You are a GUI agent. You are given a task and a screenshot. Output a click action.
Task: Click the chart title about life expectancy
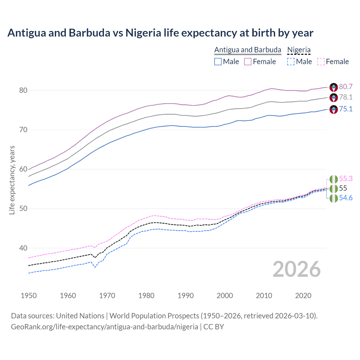coord(160,33)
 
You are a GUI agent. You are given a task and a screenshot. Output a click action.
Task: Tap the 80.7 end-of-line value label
coord(346,87)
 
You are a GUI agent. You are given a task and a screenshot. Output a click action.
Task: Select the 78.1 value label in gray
coord(346,97)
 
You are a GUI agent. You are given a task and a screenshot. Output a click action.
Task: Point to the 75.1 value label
coord(346,109)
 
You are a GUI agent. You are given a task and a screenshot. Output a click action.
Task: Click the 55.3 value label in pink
coord(346,179)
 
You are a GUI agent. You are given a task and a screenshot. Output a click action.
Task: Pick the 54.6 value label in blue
coord(346,198)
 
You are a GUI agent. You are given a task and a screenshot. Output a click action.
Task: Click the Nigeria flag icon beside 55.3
coord(334,179)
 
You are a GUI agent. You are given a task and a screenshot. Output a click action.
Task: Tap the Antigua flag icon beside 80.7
coord(334,87)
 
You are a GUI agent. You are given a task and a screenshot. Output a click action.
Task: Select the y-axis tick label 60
coord(23,169)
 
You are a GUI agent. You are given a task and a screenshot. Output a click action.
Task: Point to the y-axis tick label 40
coord(23,248)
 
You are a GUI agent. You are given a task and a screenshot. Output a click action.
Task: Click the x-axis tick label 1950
coord(29,296)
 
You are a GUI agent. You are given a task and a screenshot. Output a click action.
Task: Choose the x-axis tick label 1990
coord(186,296)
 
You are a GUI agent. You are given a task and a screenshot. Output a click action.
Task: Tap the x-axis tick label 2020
coord(303,296)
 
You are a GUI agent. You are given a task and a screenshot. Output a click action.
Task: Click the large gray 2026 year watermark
coord(297,269)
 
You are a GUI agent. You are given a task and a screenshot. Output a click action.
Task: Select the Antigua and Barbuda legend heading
coord(247,50)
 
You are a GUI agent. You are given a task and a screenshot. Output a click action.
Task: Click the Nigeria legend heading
coord(299,50)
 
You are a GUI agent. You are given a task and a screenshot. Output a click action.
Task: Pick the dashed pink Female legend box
coord(321,62)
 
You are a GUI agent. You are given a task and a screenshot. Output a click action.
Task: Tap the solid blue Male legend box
coord(218,62)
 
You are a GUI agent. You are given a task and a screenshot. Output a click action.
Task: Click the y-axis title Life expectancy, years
coord(12,180)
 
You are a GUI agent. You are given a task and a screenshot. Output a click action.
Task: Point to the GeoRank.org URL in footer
coord(104,327)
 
